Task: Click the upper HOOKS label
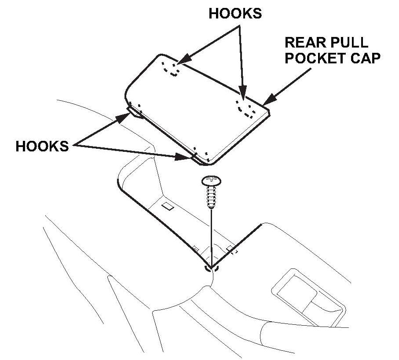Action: click(x=235, y=14)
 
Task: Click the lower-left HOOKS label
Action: click(x=42, y=146)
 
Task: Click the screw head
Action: click(x=211, y=181)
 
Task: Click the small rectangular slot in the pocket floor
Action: click(x=167, y=206)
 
